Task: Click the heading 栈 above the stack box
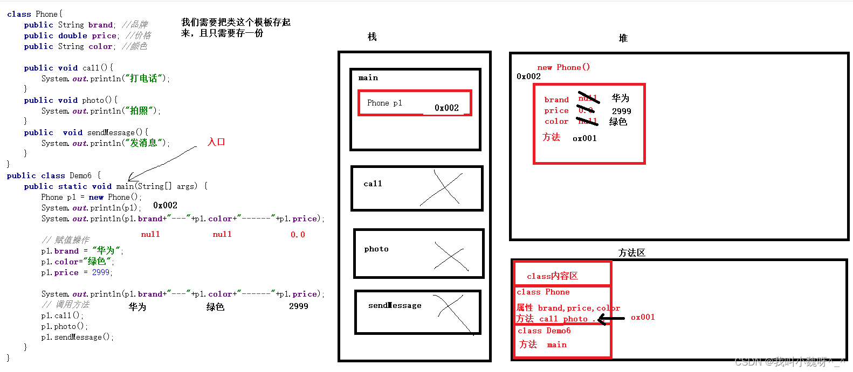(372, 37)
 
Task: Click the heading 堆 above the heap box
(623, 38)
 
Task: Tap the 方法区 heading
(631, 252)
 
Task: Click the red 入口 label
(216, 142)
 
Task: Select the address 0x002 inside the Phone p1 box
(446, 108)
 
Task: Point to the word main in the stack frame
(368, 78)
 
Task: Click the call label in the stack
(373, 184)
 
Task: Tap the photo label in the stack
(376, 249)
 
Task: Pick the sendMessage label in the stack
(395, 306)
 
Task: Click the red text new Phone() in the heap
(563, 67)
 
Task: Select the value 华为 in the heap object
(620, 98)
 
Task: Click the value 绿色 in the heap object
(618, 122)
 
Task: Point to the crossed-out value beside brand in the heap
(588, 98)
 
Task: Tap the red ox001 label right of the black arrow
(643, 317)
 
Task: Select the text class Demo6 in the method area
(544, 331)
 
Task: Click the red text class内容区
(552, 276)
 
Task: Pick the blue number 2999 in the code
(101, 272)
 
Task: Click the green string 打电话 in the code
(143, 79)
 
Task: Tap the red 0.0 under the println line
(298, 235)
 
